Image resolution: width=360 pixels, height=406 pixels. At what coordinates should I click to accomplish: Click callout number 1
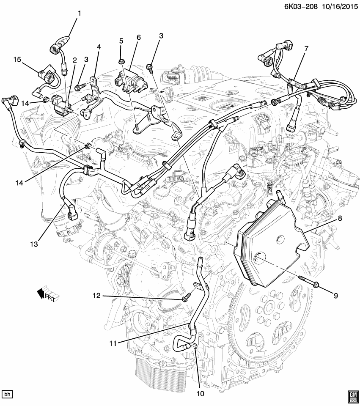click(79, 13)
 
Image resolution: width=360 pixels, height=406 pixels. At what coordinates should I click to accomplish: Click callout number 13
click(34, 244)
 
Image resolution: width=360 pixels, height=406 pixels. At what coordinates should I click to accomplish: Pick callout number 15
click(16, 60)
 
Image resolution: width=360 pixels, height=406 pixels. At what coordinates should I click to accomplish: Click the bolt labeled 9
click(308, 285)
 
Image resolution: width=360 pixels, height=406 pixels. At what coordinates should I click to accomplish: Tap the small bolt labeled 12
click(185, 299)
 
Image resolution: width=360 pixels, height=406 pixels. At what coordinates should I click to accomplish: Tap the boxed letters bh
click(8, 394)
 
